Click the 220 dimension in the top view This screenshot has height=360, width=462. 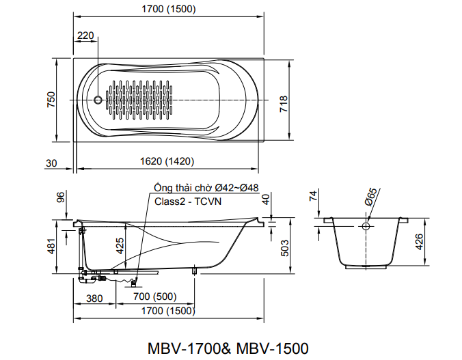[85, 36]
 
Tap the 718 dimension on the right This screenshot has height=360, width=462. [283, 103]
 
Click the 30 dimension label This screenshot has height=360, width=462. [51, 162]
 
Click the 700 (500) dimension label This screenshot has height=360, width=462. [157, 298]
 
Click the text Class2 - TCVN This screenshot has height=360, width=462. [186, 202]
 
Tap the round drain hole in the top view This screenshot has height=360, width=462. [98, 100]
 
